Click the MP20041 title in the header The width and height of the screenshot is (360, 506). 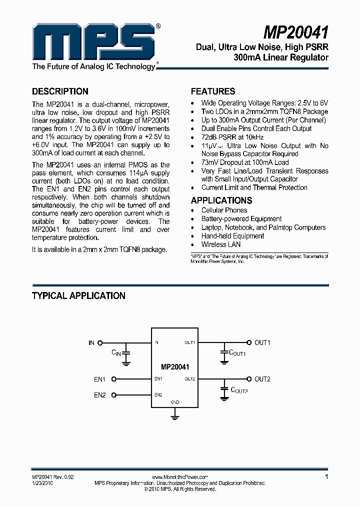296,33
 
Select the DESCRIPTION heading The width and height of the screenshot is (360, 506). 60,91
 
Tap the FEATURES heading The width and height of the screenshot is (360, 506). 213,91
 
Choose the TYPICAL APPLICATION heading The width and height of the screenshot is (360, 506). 78,296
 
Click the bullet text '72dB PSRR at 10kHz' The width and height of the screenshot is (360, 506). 232,137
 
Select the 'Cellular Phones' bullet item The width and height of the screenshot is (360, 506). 224,210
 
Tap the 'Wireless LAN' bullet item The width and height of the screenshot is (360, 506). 221,244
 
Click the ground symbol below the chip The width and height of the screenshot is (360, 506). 175,414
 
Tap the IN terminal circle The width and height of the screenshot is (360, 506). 100,343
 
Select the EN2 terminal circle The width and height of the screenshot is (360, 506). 114,395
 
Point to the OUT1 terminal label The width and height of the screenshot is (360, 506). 262,343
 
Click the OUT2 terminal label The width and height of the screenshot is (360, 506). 262,379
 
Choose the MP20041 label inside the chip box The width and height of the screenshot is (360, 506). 175,366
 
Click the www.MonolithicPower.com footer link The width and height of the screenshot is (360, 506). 179,477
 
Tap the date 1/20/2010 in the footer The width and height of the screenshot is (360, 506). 42,483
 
